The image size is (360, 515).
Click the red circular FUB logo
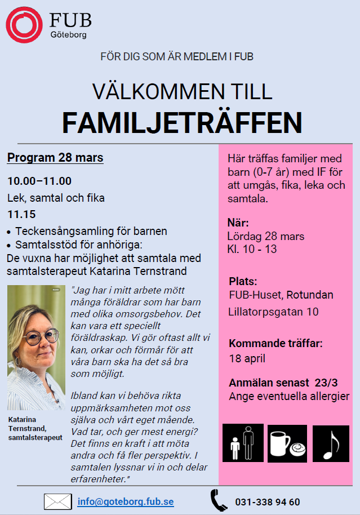[24, 24]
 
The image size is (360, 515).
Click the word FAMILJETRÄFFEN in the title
[181, 122]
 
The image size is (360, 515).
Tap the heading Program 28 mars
[55, 158]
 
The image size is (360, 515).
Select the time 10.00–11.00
[39, 181]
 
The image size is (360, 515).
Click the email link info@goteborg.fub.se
[126, 501]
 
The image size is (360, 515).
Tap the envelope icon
[57, 501]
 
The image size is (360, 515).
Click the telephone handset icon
[219, 500]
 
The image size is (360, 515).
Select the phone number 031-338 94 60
[268, 501]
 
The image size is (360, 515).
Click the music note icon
[330, 443]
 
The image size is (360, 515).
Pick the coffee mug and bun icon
[287, 443]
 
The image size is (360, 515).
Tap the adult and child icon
[243, 443]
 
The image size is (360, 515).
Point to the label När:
[238, 222]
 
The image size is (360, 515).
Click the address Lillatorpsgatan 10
[273, 312]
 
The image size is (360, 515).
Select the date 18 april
[247, 358]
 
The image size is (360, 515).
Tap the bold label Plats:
[243, 281]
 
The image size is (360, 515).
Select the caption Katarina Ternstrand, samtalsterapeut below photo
[35, 429]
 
